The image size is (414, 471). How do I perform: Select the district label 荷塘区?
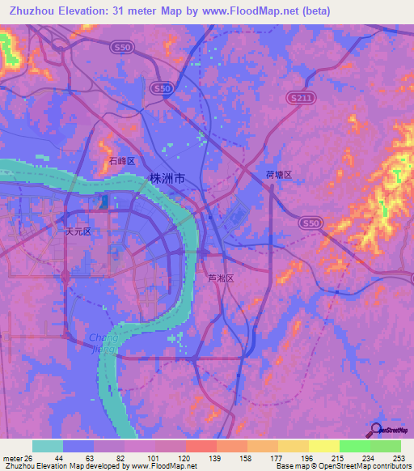click(x=277, y=174)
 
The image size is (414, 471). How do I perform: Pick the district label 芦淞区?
click(x=220, y=278)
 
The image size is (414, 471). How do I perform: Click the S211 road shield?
click(x=298, y=96)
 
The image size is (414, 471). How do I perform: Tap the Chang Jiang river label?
click(x=102, y=343)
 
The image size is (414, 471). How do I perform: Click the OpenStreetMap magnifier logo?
click(x=377, y=430)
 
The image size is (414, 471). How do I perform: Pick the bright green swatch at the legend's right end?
click(x=386, y=445)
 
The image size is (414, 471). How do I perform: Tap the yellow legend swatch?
click(x=324, y=445)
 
